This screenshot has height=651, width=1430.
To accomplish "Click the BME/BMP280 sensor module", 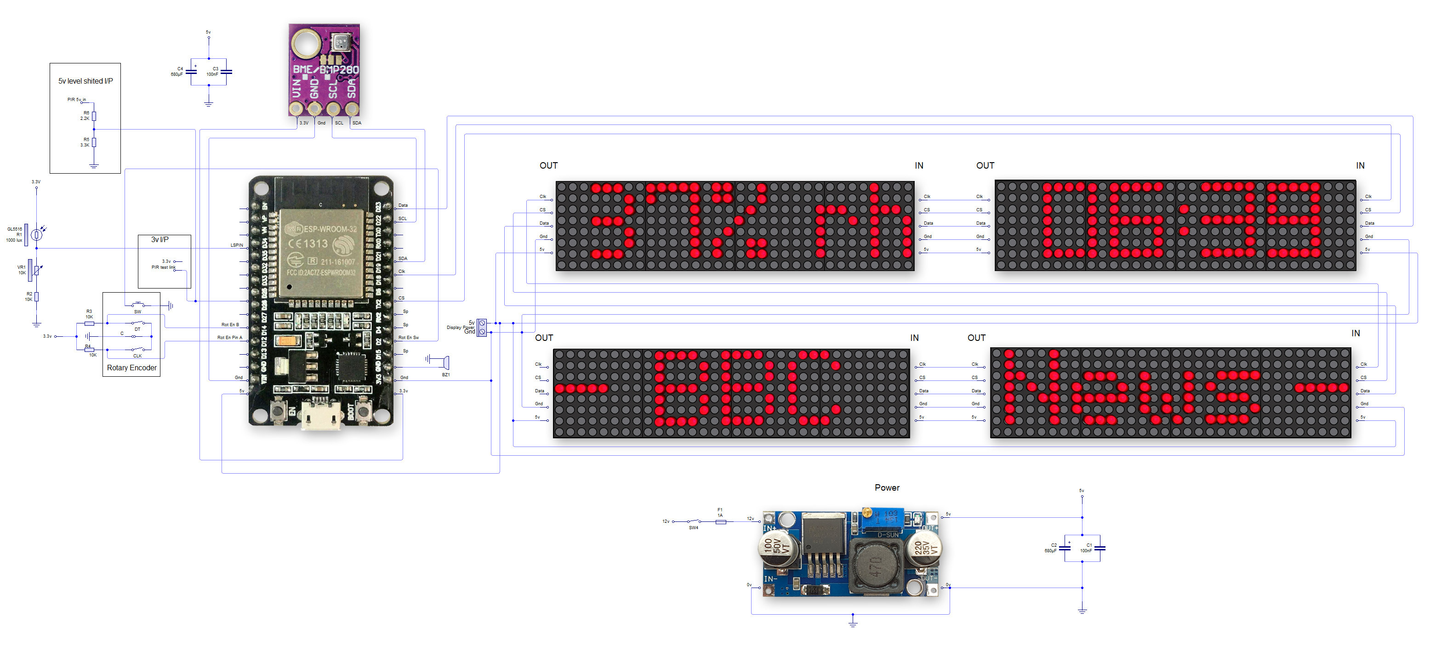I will pyautogui.click(x=324, y=69).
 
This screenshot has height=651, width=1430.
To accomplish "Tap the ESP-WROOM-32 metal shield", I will pyautogui.click(x=321, y=253).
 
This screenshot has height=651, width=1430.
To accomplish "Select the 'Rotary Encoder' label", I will pyautogui.click(x=131, y=368).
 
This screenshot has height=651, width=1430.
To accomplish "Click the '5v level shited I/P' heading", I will pyautogui.click(x=85, y=81).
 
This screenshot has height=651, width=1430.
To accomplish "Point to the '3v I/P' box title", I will pyautogui.click(x=160, y=240).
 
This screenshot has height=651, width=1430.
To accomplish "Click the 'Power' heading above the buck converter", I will pyautogui.click(x=887, y=488).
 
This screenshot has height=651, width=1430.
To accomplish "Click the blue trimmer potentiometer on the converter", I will pyautogui.click(x=882, y=518).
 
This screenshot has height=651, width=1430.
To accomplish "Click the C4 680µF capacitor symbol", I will pyautogui.click(x=191, y=72).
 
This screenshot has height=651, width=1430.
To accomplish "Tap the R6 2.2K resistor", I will pyautogui.click(x=94, y=116).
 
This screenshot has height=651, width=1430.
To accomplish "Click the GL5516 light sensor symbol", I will pyautogui.click(x=36, y=235).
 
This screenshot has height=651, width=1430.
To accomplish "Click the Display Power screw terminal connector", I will pyautogui.click(x=482, y=328).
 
